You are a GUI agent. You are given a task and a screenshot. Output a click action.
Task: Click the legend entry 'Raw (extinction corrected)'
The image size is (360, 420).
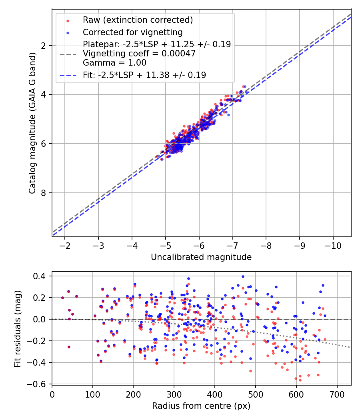click(x=138, y=20)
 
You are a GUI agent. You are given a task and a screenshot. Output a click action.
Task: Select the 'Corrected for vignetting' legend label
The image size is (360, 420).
click(x=132, y=32)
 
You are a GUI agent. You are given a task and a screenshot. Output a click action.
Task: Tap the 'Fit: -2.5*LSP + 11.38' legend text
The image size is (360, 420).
click(x=144, y=75)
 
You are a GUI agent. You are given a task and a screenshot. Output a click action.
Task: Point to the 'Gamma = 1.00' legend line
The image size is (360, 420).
click(x=114, y=62)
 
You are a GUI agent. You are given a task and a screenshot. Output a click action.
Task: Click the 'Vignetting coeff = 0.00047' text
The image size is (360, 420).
click(x=139, y=53)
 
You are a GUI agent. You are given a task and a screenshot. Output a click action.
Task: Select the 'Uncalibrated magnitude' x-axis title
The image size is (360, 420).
click(x=201, y=257)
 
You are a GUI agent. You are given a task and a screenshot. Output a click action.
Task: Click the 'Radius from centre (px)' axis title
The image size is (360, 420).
click(x=201, y=406)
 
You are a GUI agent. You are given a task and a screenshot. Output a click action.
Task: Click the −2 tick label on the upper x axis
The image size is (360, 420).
click(x=65, y=245)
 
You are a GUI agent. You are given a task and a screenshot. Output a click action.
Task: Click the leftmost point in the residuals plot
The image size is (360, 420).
click(x=62, y=298)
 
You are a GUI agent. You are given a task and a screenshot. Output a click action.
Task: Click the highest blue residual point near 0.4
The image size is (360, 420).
click(x=243, y=276)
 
